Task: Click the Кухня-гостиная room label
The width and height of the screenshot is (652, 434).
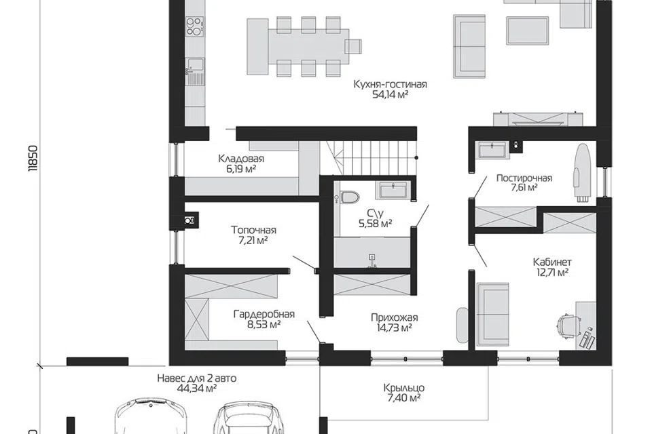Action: click(x=390, y=84)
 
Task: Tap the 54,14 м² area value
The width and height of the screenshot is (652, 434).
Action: click(x=390, y=95)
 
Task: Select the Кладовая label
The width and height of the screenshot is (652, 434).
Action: click(x=241, y=159)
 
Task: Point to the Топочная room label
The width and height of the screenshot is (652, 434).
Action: click(x=253, y=230)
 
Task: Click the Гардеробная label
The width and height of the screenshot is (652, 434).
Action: click(x=264, y=314)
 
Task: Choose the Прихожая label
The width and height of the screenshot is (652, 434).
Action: click(x=394, y=318)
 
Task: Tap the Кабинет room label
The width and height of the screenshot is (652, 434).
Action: click(x=552, y=262)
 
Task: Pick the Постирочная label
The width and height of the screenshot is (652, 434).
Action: click(x=524, y=178)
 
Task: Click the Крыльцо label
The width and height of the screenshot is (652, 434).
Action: click(x=403, y=389)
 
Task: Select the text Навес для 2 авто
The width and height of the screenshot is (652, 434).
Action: click(x=197, y=378)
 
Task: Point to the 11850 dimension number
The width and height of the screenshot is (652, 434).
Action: click(x=33, y=158)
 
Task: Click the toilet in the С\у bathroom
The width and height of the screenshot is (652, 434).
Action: click(x=348, y=197)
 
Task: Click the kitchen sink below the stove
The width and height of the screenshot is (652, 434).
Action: click(x=194, y=65)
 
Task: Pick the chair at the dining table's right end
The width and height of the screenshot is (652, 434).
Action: click(x=353, y=46)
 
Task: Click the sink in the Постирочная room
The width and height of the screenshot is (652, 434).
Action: click(x=492, y=150)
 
